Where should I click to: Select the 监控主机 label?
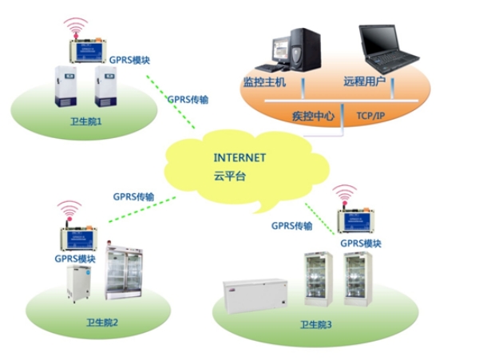click(264, 82)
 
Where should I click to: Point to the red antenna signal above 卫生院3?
click(345, 194)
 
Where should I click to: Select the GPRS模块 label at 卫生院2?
click(75, 259)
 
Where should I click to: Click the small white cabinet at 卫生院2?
click(80, 283)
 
